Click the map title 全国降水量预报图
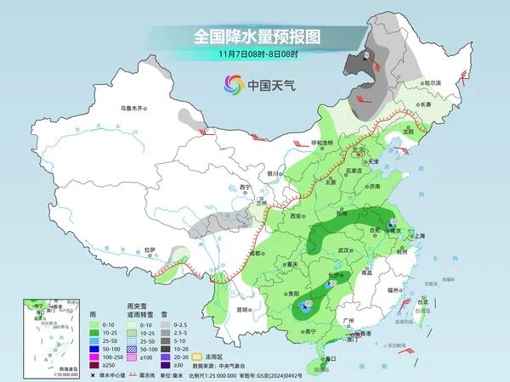256,37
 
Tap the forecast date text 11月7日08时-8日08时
256,53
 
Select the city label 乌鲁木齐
133,108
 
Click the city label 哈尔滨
433,82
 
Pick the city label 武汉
344,250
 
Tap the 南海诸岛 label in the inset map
40,368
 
